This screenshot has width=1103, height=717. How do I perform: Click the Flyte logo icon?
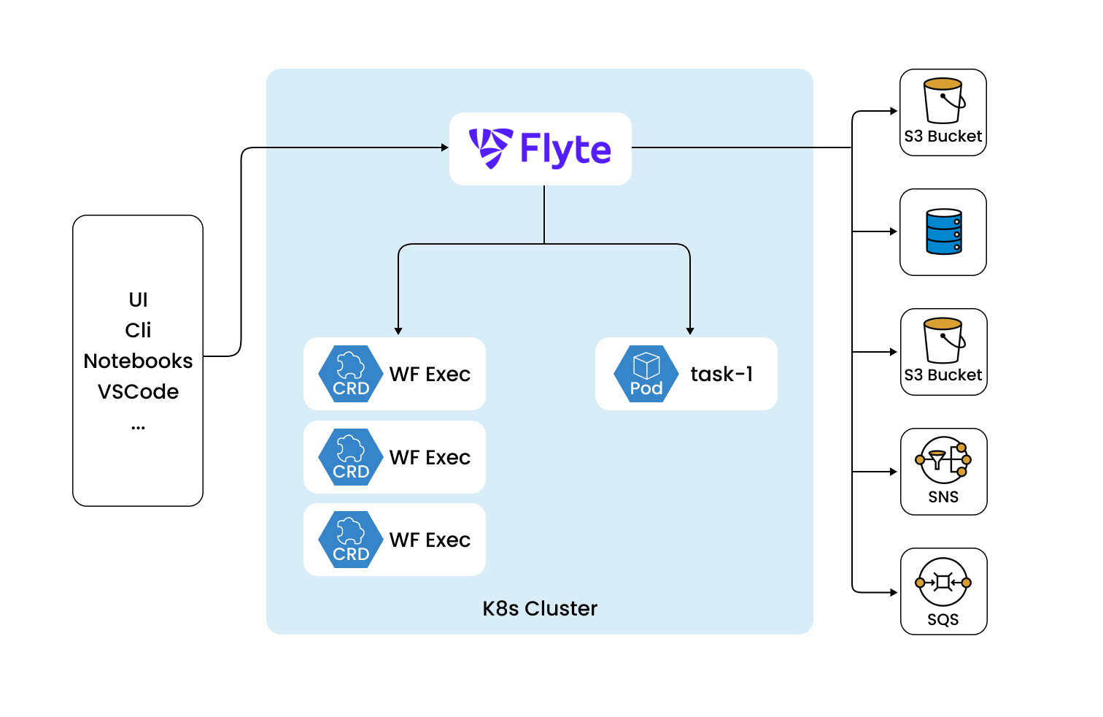(490, 148)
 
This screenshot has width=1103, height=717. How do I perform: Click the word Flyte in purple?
(565, 150)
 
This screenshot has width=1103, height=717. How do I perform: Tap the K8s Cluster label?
(540, 608)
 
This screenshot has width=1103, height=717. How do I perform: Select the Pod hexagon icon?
(646, 374)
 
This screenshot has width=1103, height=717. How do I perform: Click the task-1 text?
(721, 374)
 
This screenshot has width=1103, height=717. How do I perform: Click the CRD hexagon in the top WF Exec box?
(351, 374)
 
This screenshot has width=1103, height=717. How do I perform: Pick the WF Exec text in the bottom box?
(430, 540)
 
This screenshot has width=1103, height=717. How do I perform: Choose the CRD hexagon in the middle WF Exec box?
(351, 457)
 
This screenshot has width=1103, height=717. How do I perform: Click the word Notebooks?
(138, 361)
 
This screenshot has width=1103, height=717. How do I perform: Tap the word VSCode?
(138, 391)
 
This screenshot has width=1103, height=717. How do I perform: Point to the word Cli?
(138, 330)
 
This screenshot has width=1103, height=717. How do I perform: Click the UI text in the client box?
(138, 299)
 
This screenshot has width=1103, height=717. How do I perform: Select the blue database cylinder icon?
(943, 231)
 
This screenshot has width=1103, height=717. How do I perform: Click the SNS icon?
(943, 460)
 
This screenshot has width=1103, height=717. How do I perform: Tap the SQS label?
(943, 619)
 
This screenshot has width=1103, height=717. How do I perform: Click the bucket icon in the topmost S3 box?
(943, 101)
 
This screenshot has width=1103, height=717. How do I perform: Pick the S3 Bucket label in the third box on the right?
(943, 375)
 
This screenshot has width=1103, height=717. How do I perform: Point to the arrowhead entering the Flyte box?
(445, 147)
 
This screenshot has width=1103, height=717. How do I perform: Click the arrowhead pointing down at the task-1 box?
(690, 331)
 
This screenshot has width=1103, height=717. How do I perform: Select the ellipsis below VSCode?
(138, 427)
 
